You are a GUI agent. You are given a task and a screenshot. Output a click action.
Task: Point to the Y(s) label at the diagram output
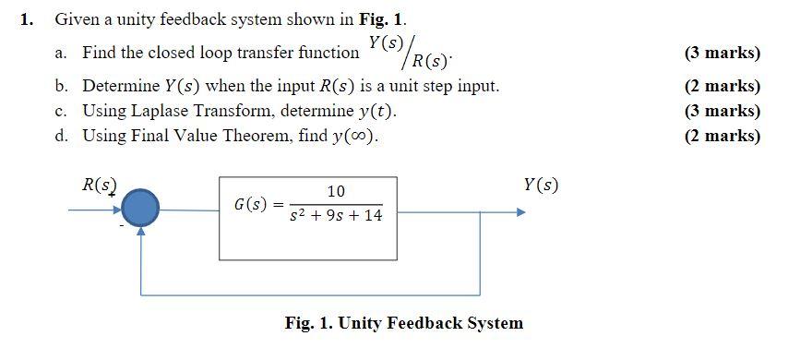click(540, 185)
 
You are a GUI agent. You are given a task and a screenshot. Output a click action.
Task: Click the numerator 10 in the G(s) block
click(336, 191)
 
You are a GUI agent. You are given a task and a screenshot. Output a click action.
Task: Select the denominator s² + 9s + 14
click(336, 216)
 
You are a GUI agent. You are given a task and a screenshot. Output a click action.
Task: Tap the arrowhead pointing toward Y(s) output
click(521, 211)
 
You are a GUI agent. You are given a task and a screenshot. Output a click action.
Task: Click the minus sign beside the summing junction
click(120, 225)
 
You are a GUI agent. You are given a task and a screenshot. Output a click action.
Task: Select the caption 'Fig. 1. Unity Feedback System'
click(404, 322)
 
